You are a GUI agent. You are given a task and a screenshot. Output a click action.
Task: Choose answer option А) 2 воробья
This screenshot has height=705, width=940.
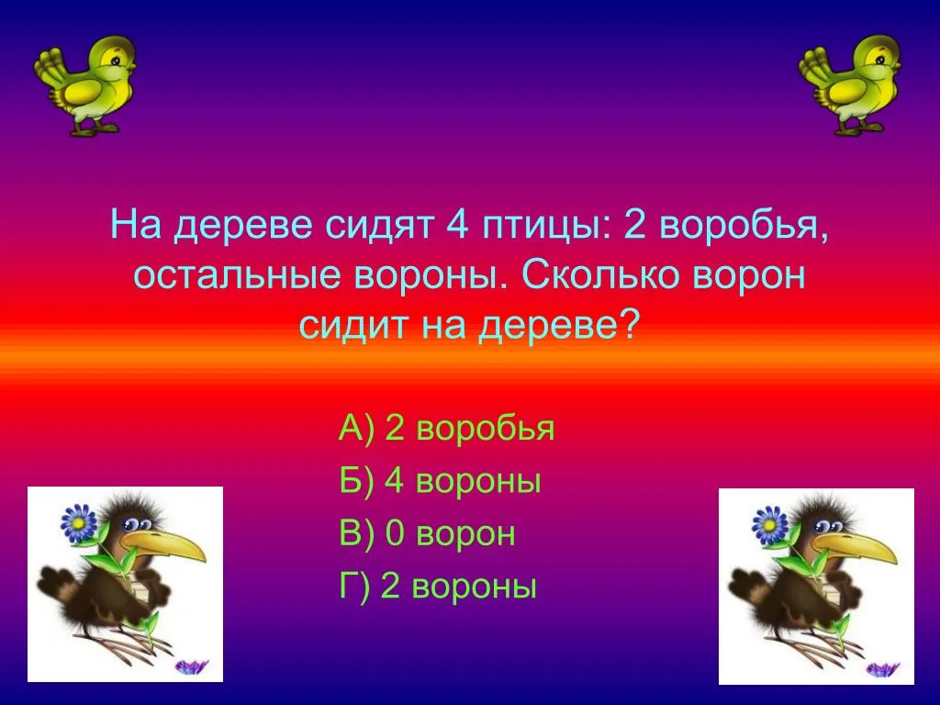click(x=447, y=428)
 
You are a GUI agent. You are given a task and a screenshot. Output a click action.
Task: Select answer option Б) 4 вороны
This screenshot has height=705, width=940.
click(x=440, y=480)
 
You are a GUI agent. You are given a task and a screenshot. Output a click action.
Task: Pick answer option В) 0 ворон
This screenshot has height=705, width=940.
click(x=427, y=533)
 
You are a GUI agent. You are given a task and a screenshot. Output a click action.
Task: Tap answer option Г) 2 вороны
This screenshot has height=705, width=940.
click(x=438, y=586)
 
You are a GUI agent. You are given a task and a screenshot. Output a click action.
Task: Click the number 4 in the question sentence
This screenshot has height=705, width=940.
click(x=457, y=225)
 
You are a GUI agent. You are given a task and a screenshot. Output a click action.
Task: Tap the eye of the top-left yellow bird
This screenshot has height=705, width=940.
click(x=115, y=60)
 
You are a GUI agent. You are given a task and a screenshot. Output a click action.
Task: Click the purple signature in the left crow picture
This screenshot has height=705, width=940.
click(x=193, y=666)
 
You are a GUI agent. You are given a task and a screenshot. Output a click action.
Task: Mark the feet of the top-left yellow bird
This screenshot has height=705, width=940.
click(x=95, y=127)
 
